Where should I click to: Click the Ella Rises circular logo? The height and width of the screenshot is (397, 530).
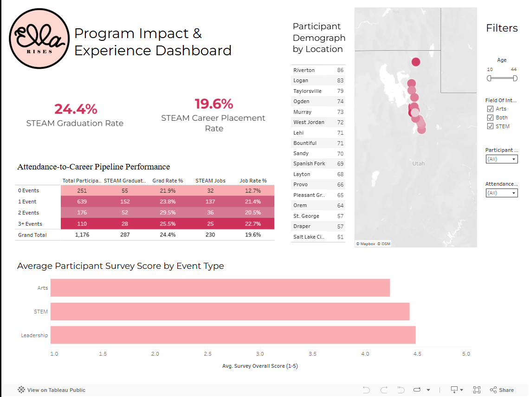pyautogui.click(x=39, y=39)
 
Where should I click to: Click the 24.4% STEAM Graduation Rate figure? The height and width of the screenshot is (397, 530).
pyautogui.click(x=76, y=109)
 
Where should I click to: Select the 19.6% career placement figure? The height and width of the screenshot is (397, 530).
pyautogui.click(x=213, y=104)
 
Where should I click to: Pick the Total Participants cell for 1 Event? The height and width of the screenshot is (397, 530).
pyautogui.click(x=82, y=202)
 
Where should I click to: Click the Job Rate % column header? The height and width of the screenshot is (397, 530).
pyautogui.click(x=253, y=181)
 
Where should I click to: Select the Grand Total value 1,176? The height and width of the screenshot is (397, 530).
pyautogui.click(x=82, y=235)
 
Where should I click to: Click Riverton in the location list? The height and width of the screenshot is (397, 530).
pyautogui.click(x=304, y=70)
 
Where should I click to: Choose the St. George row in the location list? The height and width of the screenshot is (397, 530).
pyautogui.click(x=306, y=216)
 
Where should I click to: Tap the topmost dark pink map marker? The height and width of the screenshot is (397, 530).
pyautogui.click(x=416, y=62)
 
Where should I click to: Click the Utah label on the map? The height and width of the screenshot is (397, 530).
pyautogui.click(x=418, y=163)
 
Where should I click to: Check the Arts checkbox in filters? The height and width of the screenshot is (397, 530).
pyautogui.click(x=490, y=109)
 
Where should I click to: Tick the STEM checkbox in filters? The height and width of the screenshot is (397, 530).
pyautogui.click(x=490, y=126)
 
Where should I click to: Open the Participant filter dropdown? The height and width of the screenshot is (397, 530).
pyautogui.click(x=501, y=159)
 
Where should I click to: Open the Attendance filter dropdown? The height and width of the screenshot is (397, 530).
pyautogui.click(x=501, y=193)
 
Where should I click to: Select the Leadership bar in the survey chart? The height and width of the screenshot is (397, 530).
pyautogui.click(x=232, y=335)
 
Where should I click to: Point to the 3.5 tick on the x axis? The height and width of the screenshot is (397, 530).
pyautogui.click(x=312, y=354)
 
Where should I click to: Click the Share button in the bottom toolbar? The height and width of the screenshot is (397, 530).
pyautogui.click(x=502, y=390)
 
